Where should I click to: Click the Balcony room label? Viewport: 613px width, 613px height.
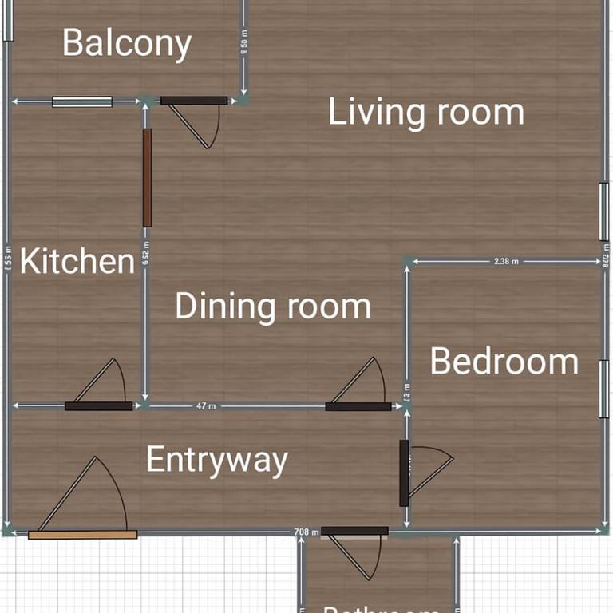pyautogui.click(x=127, y=43)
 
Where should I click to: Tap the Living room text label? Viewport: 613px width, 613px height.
pyautogui.click(x=426, y=112)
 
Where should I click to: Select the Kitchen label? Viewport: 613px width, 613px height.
pyautogui.click(x=77, y=261)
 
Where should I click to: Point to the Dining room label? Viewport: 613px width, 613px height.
pyautogui.click(x=273, y=306)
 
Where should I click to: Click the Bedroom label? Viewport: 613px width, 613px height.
pyautogui.click(x=504, y=362)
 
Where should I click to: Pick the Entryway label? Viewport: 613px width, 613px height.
pyautogui.click(x=216, y=460)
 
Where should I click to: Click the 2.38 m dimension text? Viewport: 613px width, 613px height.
pyautogui.click(x=506, y=261)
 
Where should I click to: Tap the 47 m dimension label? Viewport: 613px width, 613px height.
pyautogui.click(x=206, y=406)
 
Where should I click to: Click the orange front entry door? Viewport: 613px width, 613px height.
pyautogui.click(x=82, y=535)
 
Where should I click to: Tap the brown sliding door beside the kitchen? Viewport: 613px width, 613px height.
pyautogui.click(x=147, y=178)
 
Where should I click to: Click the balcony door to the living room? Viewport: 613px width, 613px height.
pyautogui.click(x=194, y=101)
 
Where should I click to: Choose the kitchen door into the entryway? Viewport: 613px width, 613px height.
pyautogui.click(x=98, y=405)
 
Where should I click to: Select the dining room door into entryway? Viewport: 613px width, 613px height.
pyautogui.click(x=358, y=406)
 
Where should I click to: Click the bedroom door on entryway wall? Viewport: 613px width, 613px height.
pyautogui.click(x=404, y=473)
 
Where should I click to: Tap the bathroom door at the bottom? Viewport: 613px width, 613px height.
pyautogui.click(x=354, y=531)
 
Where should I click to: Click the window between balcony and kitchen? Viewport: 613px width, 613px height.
pyautogui.click(x=82, y=101)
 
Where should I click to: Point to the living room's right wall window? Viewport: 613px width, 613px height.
pyautogui.click(x=604, y=212)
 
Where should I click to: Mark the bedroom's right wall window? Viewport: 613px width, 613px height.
pyautogui.click(x=604, y=388)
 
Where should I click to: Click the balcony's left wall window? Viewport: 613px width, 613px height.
pyautogui.click(x=7, y=20)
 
